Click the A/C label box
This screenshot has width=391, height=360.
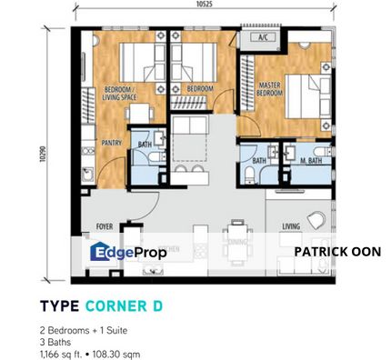[266, 38]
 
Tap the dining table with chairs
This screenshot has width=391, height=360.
[236, 235]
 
